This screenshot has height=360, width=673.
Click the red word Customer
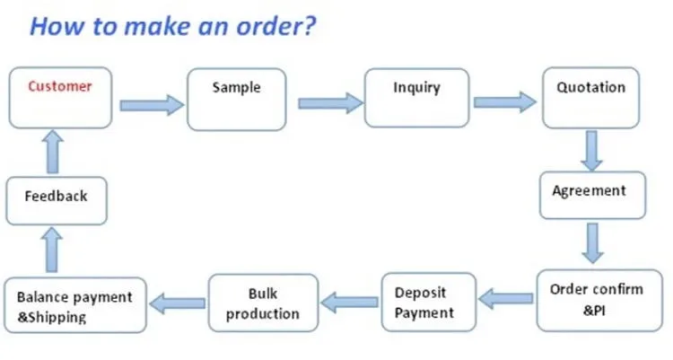(60, 87)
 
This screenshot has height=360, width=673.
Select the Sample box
(236, 97)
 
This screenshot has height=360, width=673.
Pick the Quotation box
(590, 97)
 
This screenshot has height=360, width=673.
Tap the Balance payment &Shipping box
(74, 305)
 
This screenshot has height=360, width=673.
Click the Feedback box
(56, 199)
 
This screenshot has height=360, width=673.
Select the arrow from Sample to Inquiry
(328, 103)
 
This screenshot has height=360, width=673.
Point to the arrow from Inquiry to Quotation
(505, 101)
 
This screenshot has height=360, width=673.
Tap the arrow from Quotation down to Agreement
(590, 151)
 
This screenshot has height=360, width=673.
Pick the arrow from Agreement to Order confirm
(590, 242)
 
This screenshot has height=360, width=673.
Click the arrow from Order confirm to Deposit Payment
(506, 296)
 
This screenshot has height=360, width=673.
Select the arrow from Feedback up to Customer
(53, 150)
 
